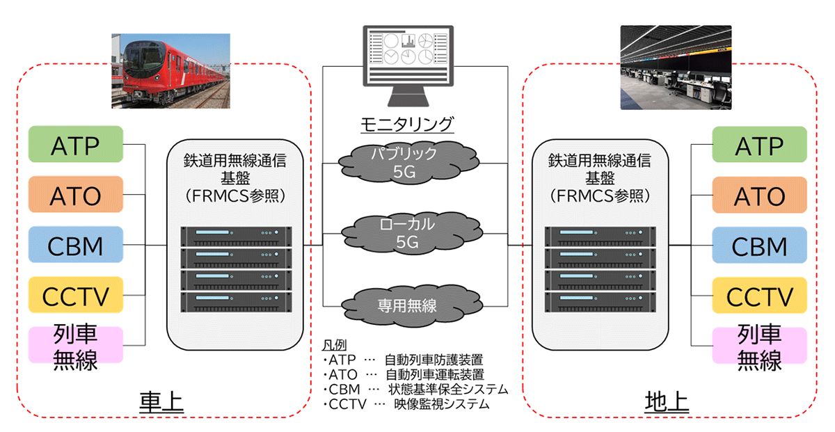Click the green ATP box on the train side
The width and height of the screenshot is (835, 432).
[76, 145]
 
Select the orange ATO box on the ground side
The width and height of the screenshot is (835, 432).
[759, 195]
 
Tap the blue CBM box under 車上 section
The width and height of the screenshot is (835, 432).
[76, 245]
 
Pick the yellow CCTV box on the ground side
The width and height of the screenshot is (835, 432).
[759, 296]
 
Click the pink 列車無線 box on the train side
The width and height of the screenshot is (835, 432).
[76, 346]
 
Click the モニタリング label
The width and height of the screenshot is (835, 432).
[407, 124]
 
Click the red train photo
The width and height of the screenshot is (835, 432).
[170, 72]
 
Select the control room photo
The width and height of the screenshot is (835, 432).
[676, 67]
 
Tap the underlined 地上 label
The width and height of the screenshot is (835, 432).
[667, 403]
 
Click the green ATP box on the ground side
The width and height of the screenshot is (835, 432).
[759, 145]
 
